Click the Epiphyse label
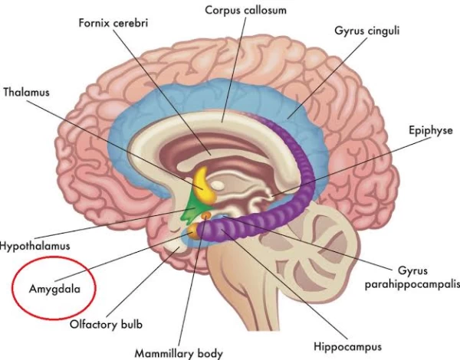431,131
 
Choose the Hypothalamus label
35,247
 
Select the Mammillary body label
179,353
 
